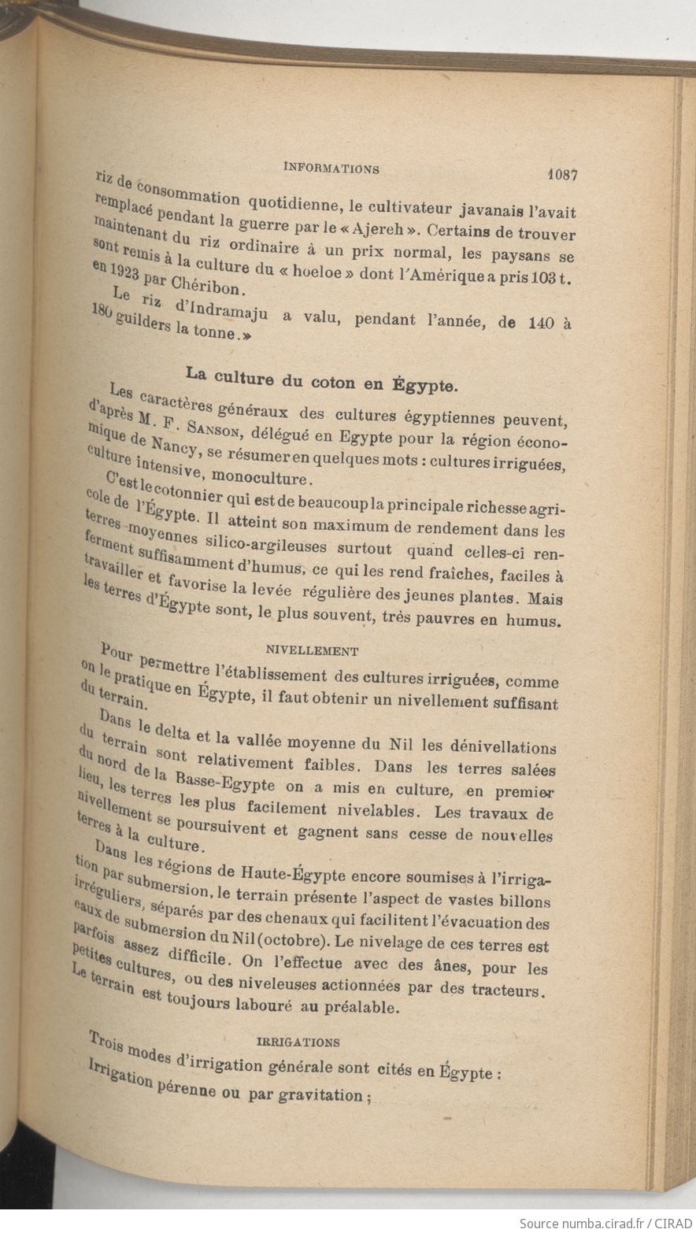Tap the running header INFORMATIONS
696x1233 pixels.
pos(331,168)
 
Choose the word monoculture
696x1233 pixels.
pos(264,477)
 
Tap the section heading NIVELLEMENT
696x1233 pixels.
pos(313,651)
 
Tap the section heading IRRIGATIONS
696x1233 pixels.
pos(299,1042)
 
